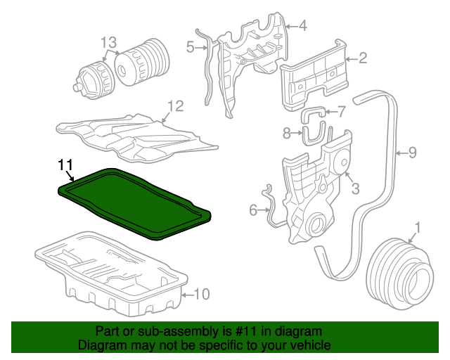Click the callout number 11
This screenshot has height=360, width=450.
[65, 165]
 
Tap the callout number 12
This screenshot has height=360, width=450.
[175, 106]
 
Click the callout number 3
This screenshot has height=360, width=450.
[356, 188]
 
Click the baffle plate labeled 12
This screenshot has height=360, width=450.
[134, 134]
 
